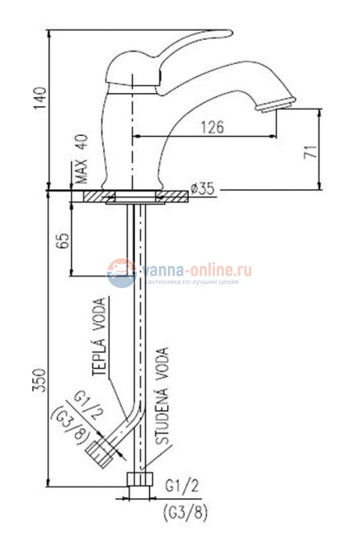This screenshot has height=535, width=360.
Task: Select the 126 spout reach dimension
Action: pyautogui.click(x=213, y=128)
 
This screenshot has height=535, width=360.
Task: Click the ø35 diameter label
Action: pyautogui.click(x=203, y=189)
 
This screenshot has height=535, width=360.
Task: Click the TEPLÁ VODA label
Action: pyautogui.click(x=100, y=336)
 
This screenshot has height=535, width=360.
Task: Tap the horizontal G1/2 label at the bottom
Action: pyautogui.click(x=182, y=484)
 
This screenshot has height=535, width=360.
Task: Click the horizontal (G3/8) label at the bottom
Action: pyautogui.click(x=185, y=509)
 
